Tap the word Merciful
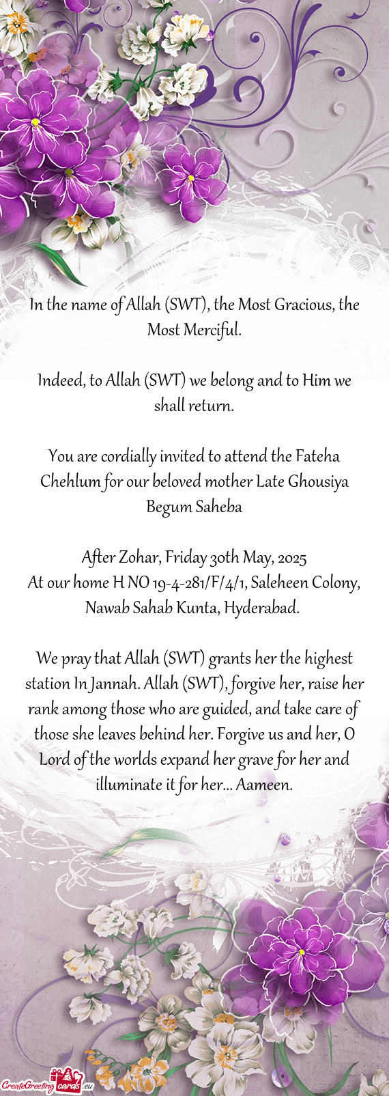[212, 331]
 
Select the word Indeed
[61, 380]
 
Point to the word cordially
[130, 455]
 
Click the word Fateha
[317, 455]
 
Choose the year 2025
[293, 558]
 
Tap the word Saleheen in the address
[279, 583]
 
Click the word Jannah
[115, 684]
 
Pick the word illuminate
[129, 785]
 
